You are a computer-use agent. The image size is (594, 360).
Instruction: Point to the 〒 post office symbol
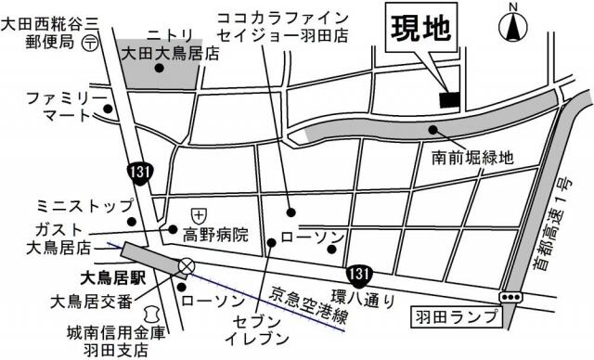pos(90,43)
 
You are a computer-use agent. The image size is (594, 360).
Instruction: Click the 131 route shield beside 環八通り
pos(357,274)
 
